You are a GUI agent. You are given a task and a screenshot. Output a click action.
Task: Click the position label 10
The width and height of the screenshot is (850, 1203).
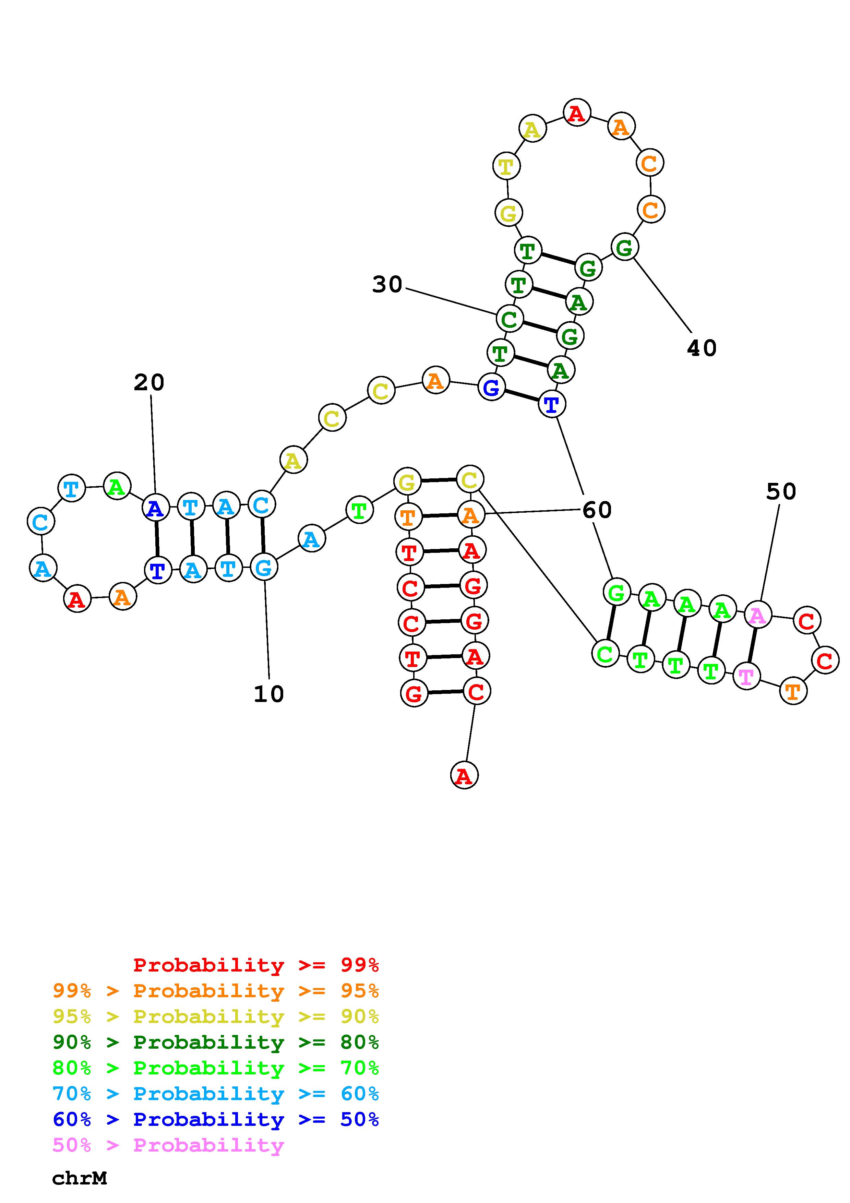(x=269, y=694)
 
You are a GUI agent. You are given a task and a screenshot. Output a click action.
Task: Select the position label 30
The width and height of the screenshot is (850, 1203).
(x=387, y=285)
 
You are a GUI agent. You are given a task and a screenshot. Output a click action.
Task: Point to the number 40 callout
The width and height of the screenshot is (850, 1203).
(x=701, y=348)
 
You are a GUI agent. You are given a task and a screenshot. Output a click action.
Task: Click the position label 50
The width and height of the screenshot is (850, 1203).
(x=780, y=491)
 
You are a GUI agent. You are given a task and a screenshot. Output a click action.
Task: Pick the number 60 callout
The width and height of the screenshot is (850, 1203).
(x=597, y=510)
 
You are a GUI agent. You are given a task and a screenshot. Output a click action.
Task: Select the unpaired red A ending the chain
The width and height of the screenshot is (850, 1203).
(x=464, y=775)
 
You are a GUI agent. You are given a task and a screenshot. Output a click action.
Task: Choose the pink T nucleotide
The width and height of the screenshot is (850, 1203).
(x=746, y=676)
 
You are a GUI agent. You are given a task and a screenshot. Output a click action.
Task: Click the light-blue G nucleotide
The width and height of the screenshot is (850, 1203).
(x=263, y=567)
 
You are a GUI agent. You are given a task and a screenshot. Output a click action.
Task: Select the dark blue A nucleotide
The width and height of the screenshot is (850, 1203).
(x=156, y=508)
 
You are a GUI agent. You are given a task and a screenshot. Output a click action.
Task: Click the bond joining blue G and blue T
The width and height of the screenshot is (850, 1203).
(x=521, y=396)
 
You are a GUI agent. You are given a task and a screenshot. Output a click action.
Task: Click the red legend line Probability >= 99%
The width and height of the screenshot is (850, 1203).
(x=255, y=965)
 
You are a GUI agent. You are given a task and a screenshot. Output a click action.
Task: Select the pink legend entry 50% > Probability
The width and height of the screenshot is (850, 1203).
(x=168, y=1145)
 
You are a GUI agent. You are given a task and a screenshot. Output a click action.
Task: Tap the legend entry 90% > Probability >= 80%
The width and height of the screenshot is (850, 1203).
(x=216, y=1042)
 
